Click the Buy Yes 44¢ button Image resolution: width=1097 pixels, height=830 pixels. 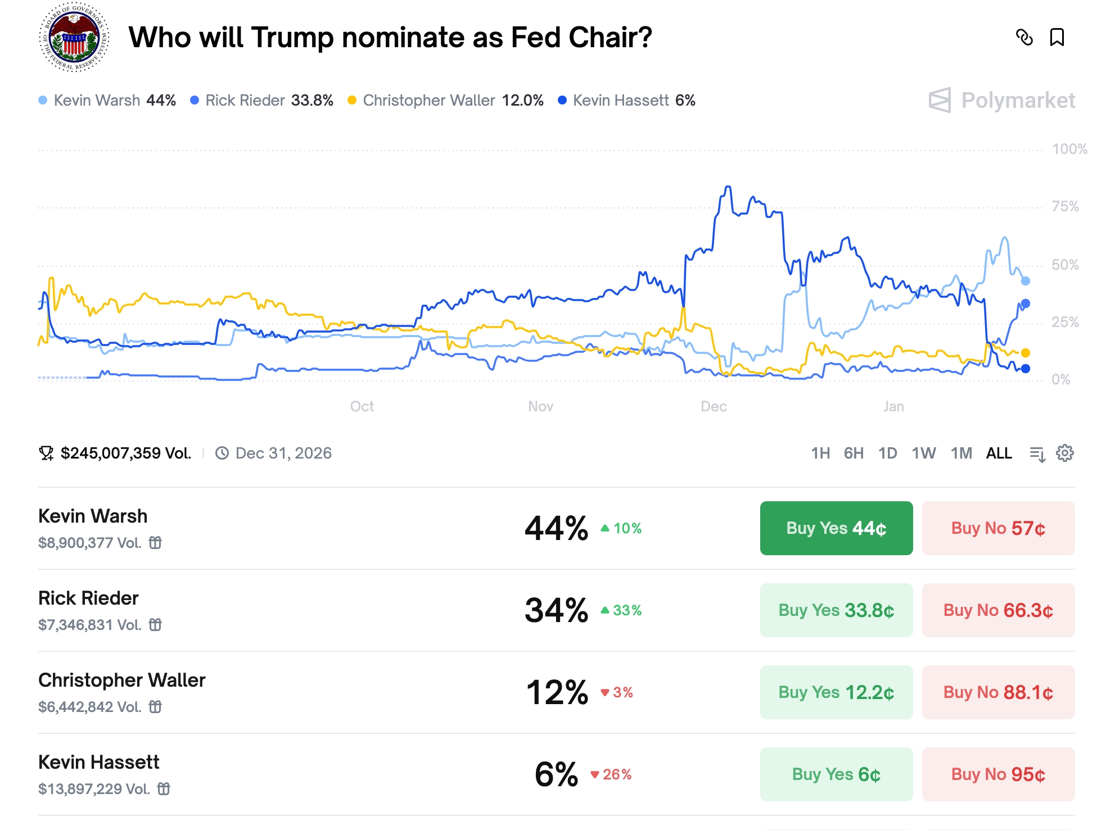(x=836, y=528)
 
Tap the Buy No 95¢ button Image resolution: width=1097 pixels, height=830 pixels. (x=998, y=774)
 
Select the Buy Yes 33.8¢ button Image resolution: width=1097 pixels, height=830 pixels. (x=836, y=610)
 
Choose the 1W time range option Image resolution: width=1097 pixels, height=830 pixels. (x=923, y=453)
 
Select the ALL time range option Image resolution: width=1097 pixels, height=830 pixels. (x=999, y=453)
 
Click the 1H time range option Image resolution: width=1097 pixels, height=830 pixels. (x=820, y=453)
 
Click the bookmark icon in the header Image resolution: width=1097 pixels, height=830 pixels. (x=1057, y=38)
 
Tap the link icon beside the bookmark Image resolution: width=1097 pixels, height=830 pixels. (x=1024, y=38)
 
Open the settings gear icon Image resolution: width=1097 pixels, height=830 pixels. (x=1065, y=453)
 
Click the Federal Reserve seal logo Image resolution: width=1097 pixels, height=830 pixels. (x=74, y=38)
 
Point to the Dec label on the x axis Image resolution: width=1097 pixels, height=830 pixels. (x=714, y=406)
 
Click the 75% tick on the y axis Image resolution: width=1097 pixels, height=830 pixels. (x=1065, y=207)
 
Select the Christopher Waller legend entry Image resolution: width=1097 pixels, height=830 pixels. (x=446, y=101)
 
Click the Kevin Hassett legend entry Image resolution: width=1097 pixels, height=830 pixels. (x=627, y=101)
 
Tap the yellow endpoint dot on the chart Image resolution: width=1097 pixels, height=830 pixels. (x=1026, y=353)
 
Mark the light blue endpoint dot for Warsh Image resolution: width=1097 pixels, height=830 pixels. (x=1026, y=281)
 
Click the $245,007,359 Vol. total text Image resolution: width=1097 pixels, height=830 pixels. (x=125, y=453)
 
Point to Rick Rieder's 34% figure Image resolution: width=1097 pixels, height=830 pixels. (x=556, y=610)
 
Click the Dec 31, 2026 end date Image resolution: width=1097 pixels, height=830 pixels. (x=283, y=453)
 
